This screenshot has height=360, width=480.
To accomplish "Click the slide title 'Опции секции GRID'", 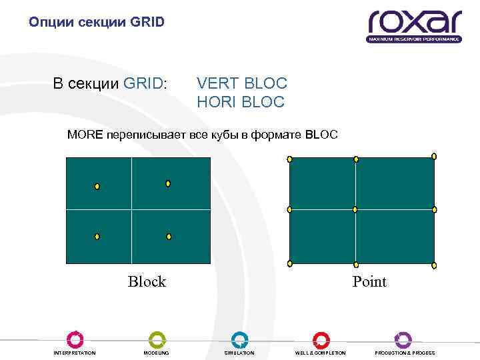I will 96,23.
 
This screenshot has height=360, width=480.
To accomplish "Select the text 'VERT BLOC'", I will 242,83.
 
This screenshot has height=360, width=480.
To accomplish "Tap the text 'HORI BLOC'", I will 241,102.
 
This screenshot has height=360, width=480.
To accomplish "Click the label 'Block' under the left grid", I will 147,281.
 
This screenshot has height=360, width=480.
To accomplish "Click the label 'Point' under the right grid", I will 369,281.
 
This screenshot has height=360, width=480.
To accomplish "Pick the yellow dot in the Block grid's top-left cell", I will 97,187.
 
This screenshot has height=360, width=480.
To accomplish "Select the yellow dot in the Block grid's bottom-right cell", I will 169,237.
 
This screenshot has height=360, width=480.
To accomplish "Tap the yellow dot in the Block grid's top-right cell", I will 168,183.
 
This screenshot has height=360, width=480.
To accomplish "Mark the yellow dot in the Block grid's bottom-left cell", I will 97,237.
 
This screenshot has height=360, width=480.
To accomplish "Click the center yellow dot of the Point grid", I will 355,209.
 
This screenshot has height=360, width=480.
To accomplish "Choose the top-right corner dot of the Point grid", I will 434,156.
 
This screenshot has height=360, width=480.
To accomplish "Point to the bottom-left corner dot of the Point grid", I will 289,263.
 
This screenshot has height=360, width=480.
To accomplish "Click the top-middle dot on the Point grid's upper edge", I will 356,159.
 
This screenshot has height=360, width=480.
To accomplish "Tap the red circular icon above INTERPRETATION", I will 75,339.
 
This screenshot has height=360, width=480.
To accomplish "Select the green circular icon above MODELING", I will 157,339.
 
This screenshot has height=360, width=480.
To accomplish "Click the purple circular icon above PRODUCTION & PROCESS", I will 403,339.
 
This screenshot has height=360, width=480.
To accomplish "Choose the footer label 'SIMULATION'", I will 239,353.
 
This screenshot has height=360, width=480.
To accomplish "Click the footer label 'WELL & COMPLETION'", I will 321,353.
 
